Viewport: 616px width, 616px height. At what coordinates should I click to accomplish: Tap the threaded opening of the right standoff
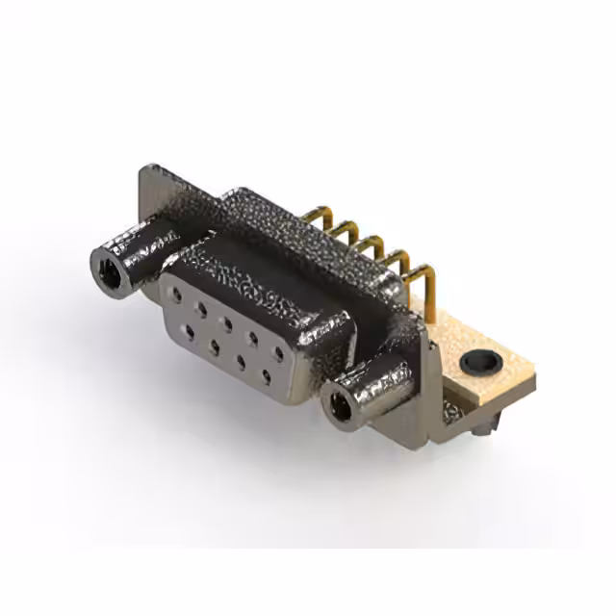coord(340,408)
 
